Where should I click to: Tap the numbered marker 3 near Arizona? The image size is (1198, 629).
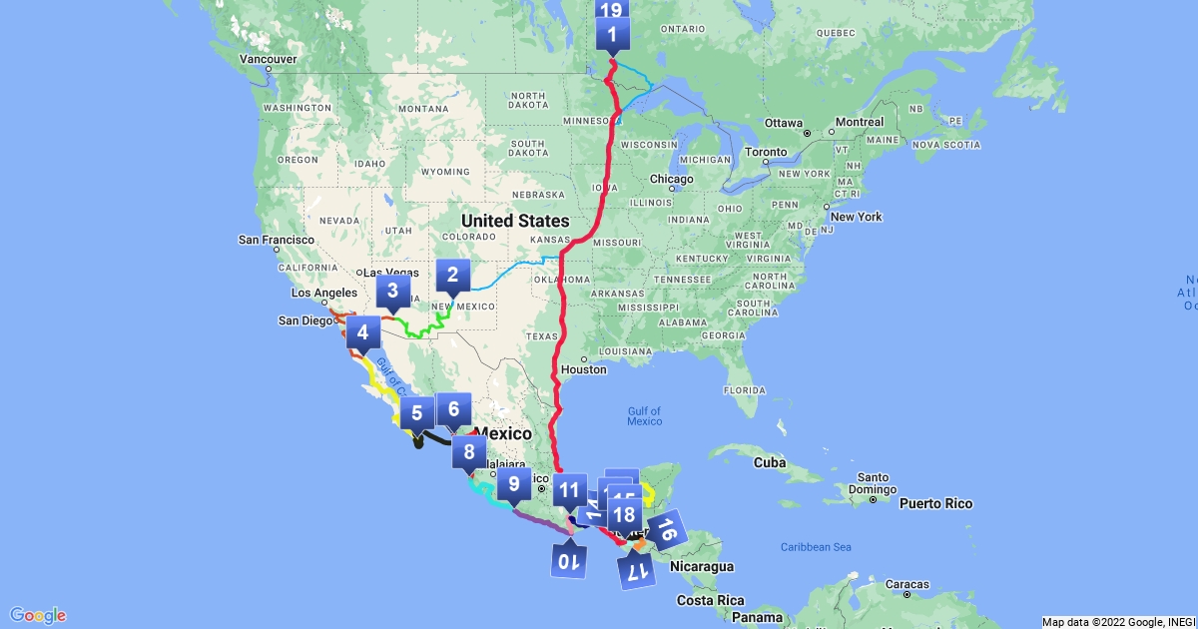[x=392, y=293]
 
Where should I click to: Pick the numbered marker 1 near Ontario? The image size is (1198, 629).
[x=611, y=37]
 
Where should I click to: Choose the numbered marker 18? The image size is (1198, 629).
[x=625, y=515]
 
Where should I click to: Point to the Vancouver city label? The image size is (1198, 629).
[x=268, y=59]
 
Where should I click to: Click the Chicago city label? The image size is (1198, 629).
[x=672, y=179]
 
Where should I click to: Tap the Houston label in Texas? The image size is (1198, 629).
[x=583, y=369]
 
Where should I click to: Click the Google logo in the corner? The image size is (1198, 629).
[x=38, y=614]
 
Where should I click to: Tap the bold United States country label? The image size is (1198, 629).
[x=514, y=221]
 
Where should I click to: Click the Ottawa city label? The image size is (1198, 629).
[x=784, y=122]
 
